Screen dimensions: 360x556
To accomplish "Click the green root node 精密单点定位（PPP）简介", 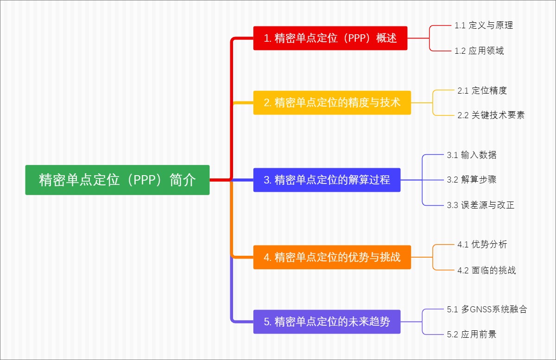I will tap(117, 180).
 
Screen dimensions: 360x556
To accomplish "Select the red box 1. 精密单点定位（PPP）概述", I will tap(330, 38).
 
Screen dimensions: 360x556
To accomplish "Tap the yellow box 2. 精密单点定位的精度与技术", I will tap(332, 102).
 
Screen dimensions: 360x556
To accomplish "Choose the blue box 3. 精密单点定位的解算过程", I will tap(327, 180).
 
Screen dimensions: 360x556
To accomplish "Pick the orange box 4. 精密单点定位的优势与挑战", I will tap(332, 257).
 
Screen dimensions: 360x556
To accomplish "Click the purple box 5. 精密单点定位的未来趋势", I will tap(327, 322).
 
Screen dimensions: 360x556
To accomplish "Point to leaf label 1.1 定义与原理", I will tap(484, 25).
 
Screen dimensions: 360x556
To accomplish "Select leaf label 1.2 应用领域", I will tap(479, 51).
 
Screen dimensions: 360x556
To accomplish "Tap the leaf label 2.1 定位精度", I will tap(482, 90).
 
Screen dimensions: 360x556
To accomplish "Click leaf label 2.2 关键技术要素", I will tap(491, 115).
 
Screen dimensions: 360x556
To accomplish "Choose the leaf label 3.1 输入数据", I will tap(471, 155).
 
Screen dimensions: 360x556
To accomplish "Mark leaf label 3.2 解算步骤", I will tap(471, 180).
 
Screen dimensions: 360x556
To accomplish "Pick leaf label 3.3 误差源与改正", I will tap(480, 205).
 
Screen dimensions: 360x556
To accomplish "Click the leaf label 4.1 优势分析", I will tap(482, 244).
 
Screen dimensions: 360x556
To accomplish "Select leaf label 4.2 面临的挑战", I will tap(486, 270).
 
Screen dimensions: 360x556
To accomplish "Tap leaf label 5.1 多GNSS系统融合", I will tap(486, 309).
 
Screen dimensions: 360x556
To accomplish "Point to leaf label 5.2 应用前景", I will tap(471, 334).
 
